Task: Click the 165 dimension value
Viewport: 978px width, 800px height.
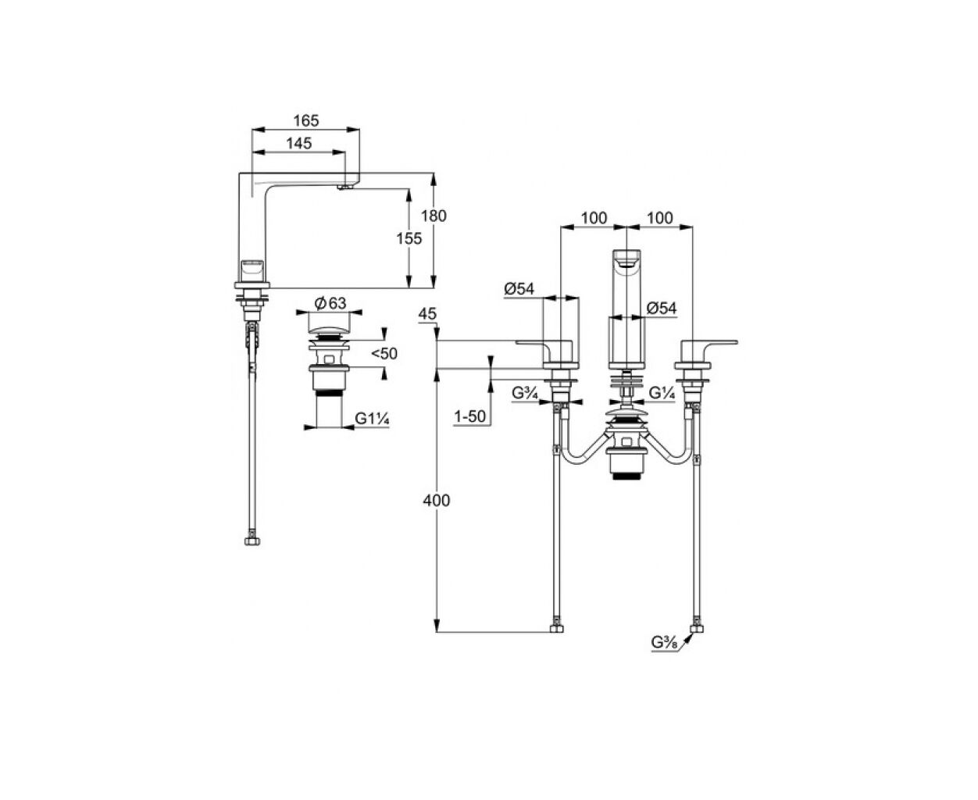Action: point(306,120)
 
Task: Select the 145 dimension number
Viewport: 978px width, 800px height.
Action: point(298,143)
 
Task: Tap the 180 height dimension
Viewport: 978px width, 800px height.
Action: point(434,216)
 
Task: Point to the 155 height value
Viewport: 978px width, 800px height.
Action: point(409,238)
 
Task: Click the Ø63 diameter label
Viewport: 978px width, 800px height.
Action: point(330,303)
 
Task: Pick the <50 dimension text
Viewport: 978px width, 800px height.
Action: point(384,354)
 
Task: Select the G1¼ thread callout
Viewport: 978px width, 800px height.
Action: point(372,419)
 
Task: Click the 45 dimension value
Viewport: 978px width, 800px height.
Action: point(427,314)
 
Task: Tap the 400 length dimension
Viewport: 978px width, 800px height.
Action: point(437,501)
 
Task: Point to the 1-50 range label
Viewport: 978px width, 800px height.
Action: point(469,417)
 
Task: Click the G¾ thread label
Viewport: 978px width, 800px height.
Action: point(524,393)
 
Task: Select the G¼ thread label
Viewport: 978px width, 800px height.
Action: point(662,393)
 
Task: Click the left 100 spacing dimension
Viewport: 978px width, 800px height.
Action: point(594,218)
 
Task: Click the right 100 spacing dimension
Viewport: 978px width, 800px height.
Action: point(660,218)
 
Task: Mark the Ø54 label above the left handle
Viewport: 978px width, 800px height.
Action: point(519,289)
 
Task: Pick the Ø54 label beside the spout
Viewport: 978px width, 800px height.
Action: point(662,308)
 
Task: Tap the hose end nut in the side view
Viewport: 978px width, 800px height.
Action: point(252,541)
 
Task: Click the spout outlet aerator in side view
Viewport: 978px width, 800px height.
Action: point(345,187)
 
